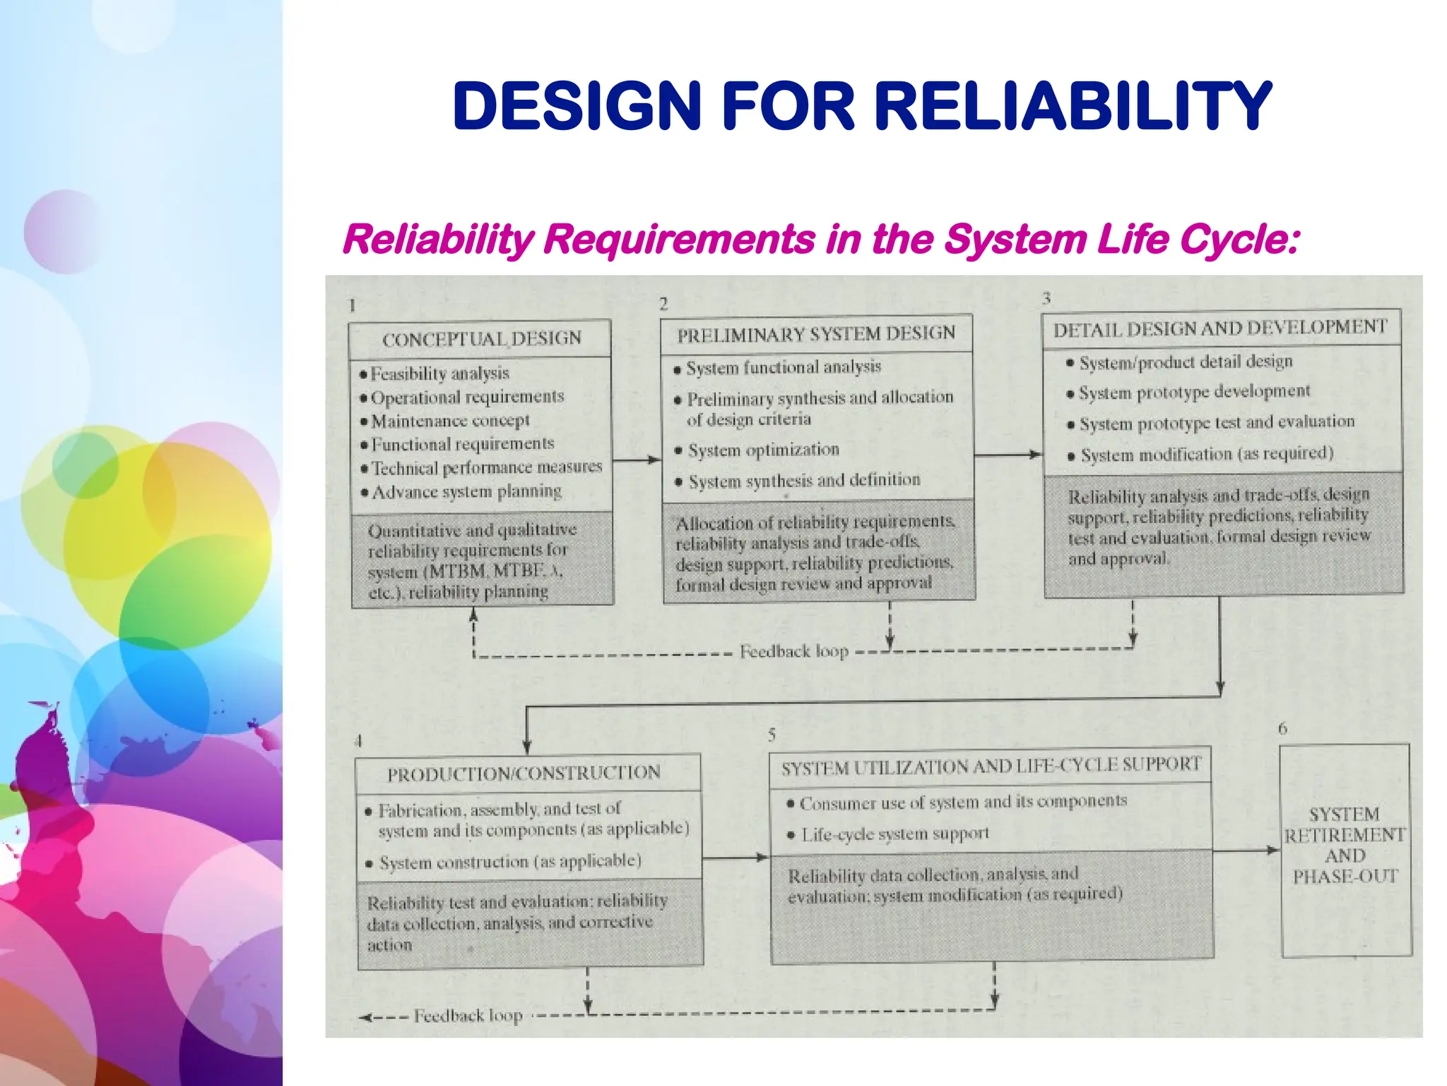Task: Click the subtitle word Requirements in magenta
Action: point(679,239)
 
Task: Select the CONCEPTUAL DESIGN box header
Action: point(482,339)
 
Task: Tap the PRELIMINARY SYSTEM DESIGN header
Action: point(816,334)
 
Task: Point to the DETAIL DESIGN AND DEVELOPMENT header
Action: point(1220,328)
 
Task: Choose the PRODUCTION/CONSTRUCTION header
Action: point(524,773)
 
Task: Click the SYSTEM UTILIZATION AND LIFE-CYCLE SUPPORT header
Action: point(991,766)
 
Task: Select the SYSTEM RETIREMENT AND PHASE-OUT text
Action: point(1345,845)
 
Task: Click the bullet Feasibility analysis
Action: point(439,373)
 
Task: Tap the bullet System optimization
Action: point(763,450)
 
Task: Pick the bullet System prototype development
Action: point(1193,392)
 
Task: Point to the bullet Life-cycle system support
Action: point(894,834)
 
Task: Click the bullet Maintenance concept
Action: point(450,421)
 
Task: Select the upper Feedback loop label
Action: point(793,651)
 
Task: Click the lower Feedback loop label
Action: point(468,1016)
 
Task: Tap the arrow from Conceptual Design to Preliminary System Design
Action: point(637,460)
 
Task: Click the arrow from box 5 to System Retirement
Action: point(1246,850)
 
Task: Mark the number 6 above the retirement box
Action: point(1282,728)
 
